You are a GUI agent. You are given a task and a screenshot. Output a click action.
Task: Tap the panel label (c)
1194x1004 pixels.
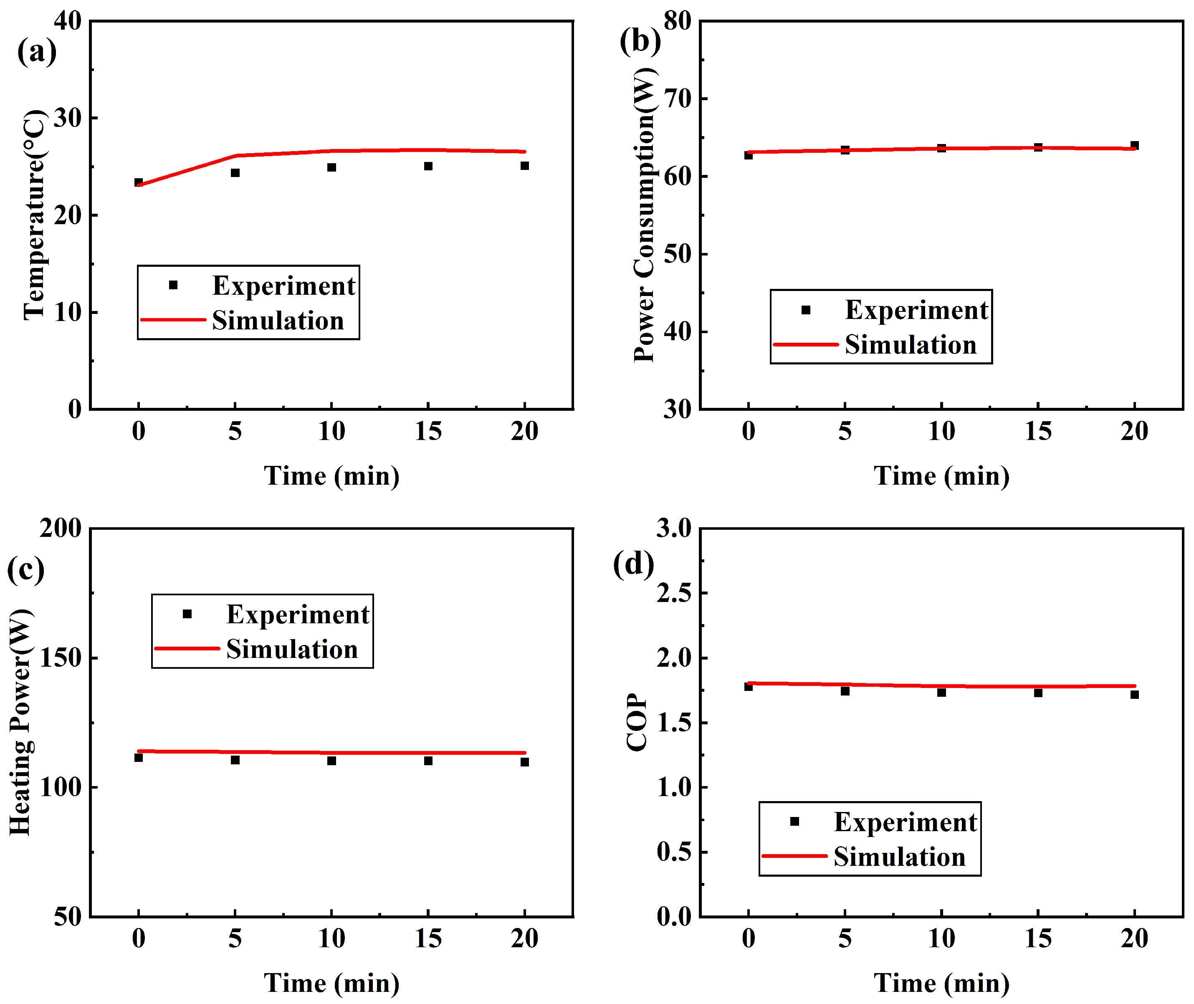coord(25,569)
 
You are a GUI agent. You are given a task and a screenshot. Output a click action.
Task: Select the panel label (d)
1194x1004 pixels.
coord(633,564)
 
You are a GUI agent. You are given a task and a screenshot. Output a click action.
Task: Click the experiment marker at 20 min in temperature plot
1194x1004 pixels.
coord(524,166)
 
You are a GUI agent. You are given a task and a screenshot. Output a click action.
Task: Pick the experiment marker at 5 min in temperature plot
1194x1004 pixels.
coord(235,172)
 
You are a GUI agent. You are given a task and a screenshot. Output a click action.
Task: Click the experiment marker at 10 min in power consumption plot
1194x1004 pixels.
coord(941,148)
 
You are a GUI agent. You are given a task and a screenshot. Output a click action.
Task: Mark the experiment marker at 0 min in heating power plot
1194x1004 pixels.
coord(138,758)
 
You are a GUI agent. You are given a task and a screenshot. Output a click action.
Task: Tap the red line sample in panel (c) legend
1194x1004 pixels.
coord(187,649)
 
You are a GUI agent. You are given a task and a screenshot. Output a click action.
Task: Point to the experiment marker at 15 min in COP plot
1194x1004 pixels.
coord(1038,693)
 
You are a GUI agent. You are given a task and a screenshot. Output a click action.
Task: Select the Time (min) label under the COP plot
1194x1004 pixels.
coord(941,984)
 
